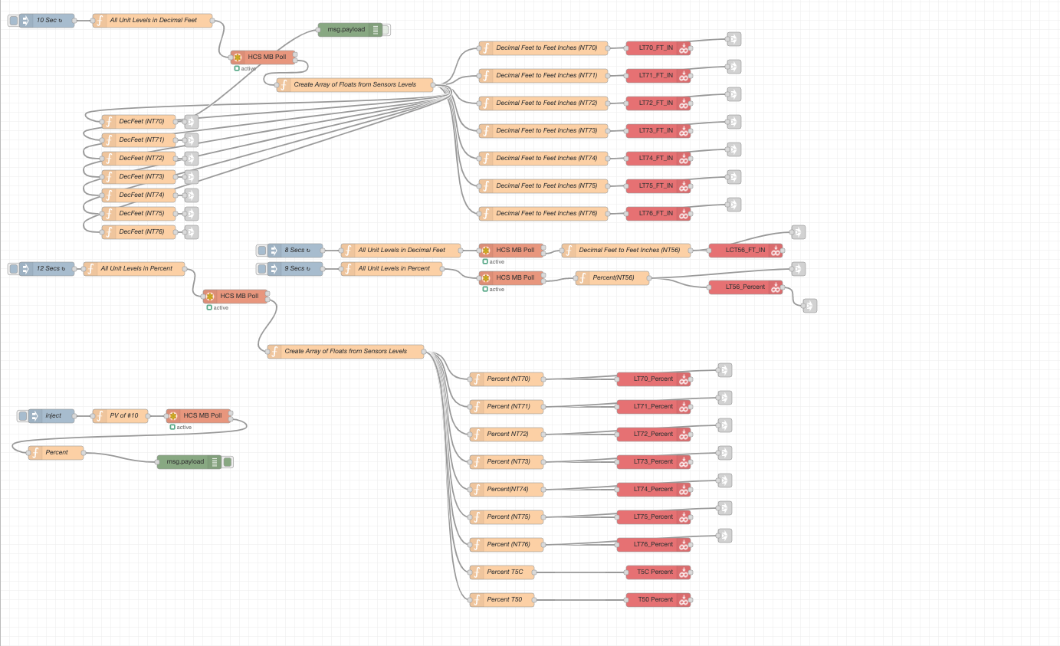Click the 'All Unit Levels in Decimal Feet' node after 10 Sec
(x=153, y=21)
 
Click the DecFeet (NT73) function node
(x=141, y=177)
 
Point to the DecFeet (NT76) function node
(x=141, y=232)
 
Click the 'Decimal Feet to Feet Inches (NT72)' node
(x=543, y=103)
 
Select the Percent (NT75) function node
(x=507, y=517)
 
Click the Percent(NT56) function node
(x=612, y=278)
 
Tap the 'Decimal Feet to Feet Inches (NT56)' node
(x=626, y=251)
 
